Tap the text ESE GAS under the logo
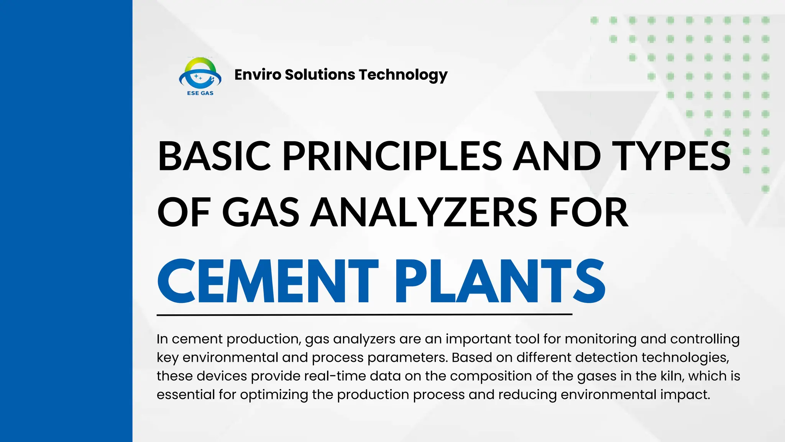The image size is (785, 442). click(200, 93)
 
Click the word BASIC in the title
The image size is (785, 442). click(215, 156)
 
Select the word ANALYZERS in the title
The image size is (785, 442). click(424, 212)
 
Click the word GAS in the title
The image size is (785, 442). click(261, 212)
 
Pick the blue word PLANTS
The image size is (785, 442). click(500, 281)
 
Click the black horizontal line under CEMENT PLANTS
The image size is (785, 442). click(364, 315)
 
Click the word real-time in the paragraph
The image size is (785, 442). click(335, 376)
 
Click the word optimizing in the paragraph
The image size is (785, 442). click(274, 395)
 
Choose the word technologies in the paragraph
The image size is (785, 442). click(685, 358)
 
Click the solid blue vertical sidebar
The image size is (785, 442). click(66, 221)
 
